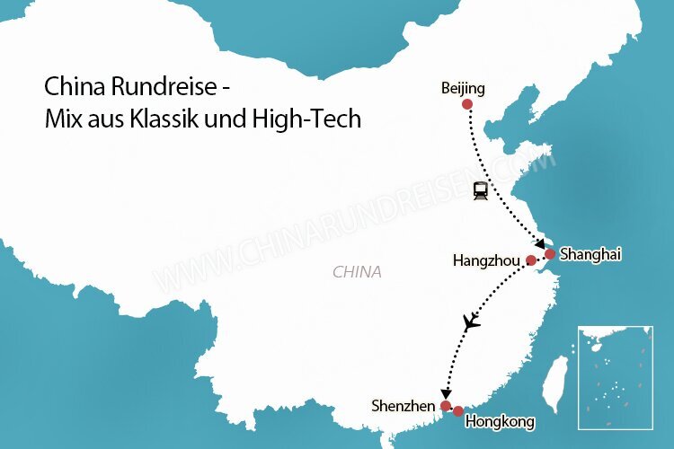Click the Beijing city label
click(463, 88)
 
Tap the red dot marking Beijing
click(466, 105)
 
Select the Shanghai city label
click(590, 254)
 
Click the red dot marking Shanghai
click(550, 254)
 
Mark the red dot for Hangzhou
click(530, 261)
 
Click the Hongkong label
click(500, 421)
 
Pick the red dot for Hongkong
click(458, 411)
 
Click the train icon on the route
click(482, 189)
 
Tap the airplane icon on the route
click(470, 321)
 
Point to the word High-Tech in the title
click(316, 119)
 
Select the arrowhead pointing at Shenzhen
click(446, 393)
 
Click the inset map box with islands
click(615, 377)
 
